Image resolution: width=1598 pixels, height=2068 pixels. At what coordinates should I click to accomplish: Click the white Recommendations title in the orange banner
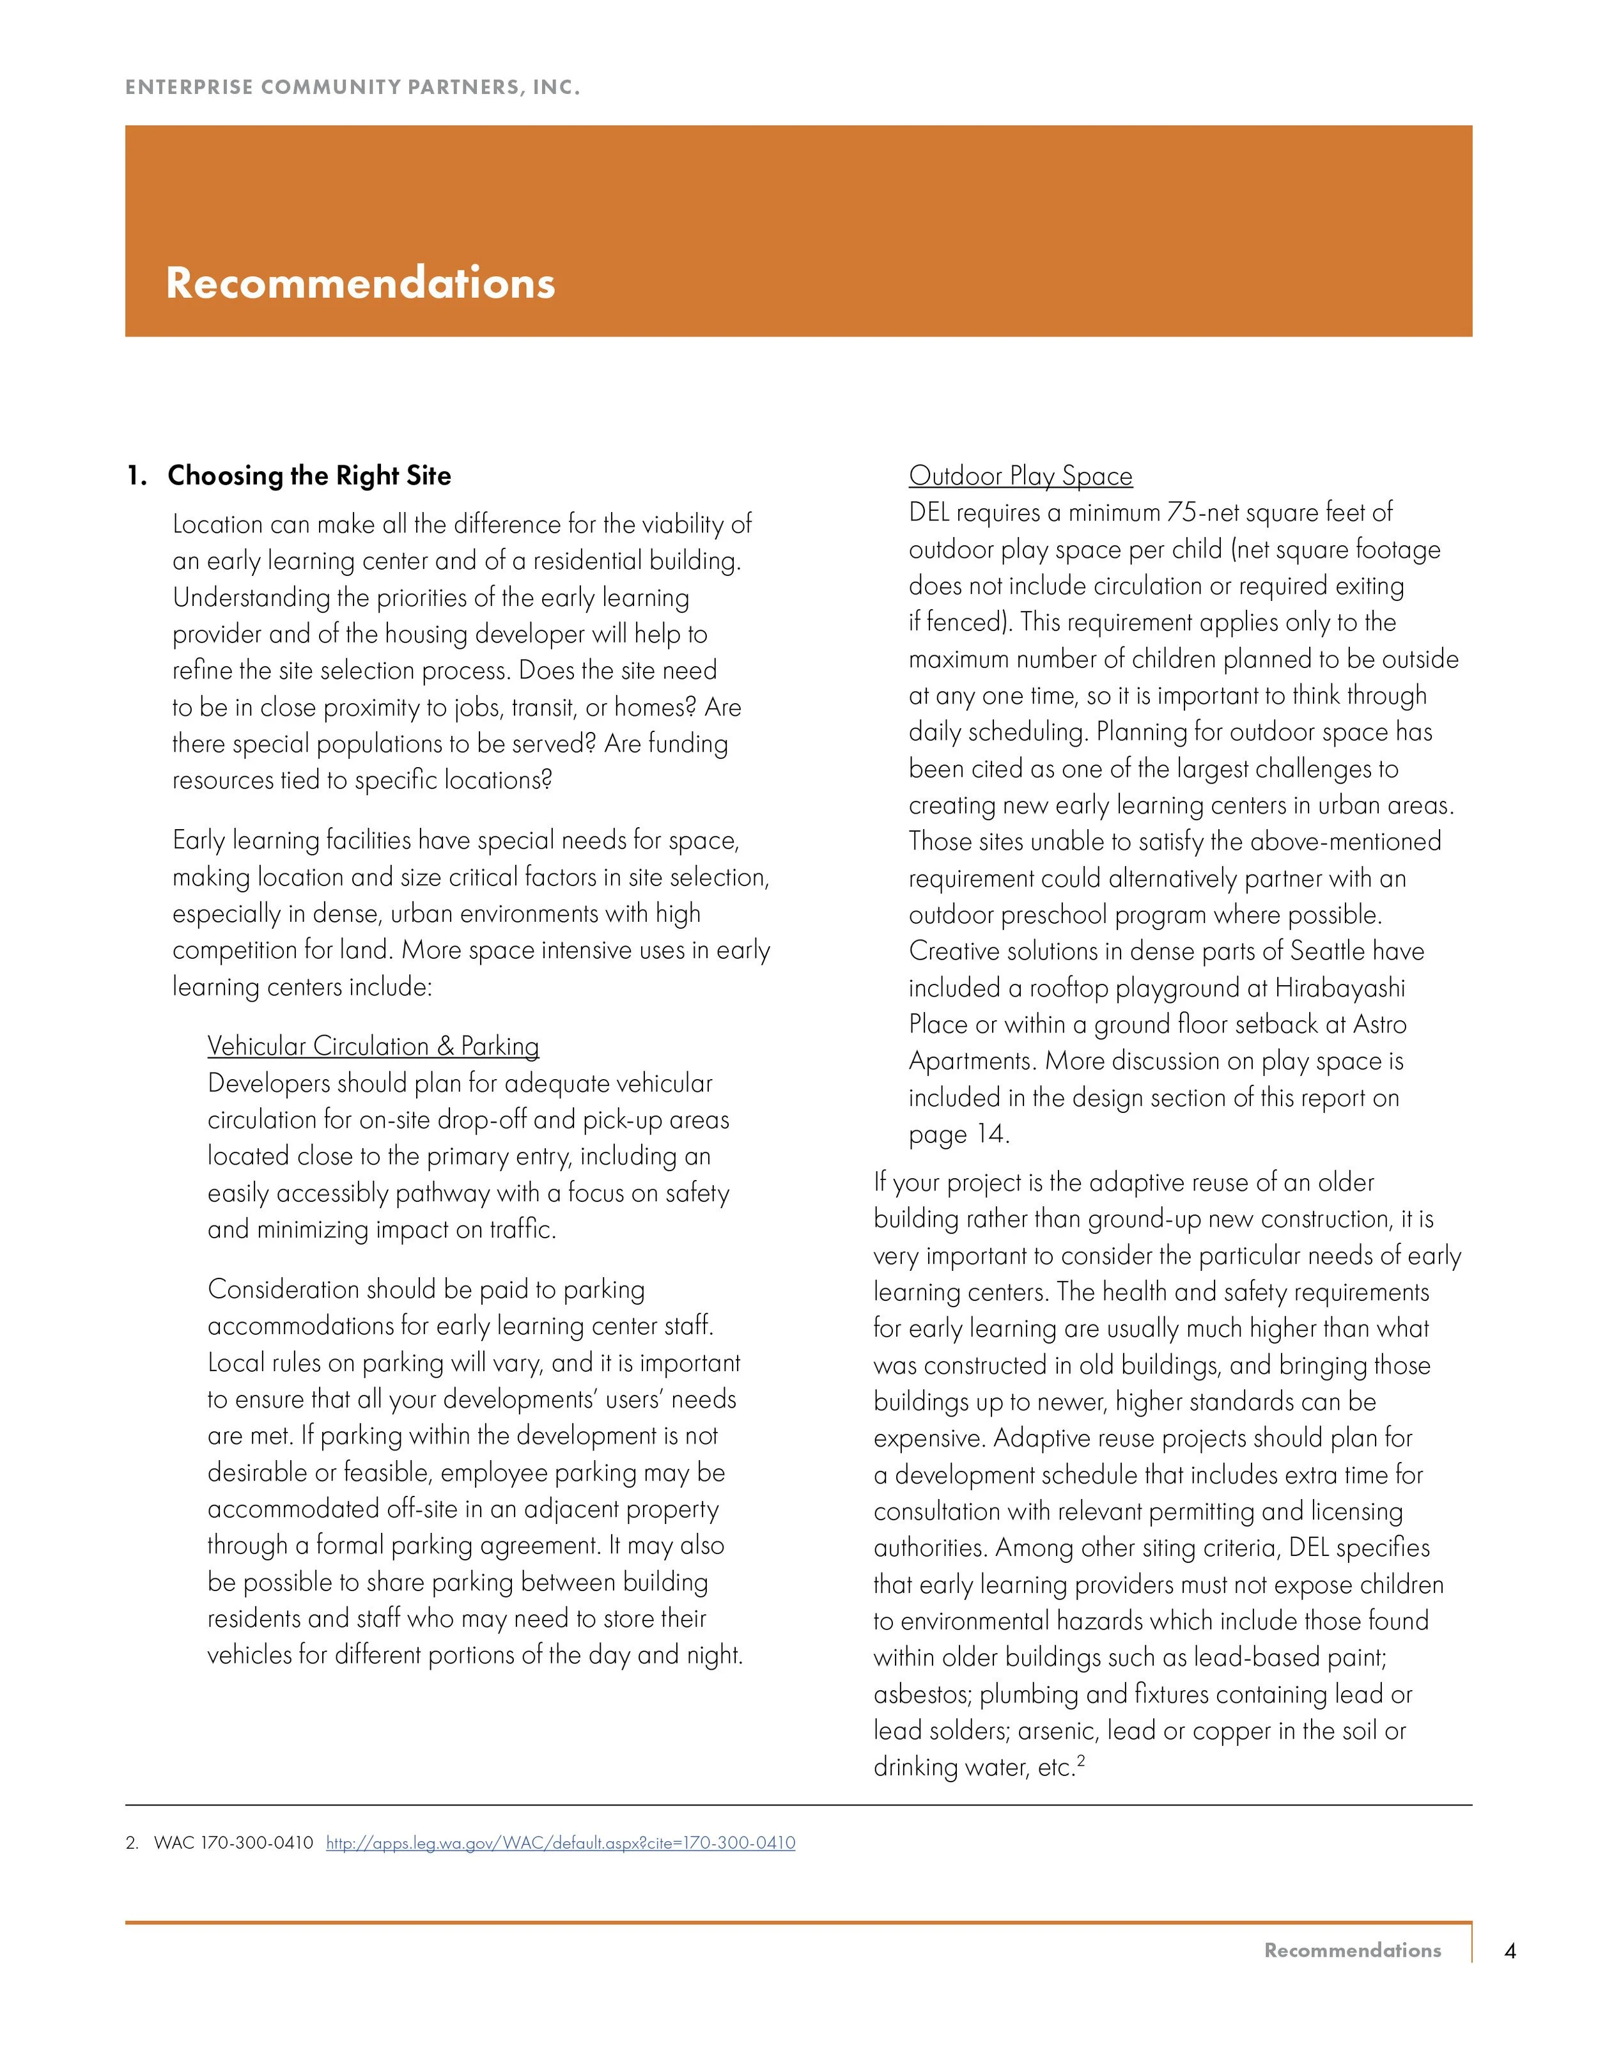360,283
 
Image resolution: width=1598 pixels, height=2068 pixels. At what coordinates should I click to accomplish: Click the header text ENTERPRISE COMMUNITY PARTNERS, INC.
352,88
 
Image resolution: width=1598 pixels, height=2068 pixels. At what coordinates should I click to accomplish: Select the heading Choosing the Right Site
309,476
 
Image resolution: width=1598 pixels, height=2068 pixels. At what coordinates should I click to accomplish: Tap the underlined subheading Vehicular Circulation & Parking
373,1046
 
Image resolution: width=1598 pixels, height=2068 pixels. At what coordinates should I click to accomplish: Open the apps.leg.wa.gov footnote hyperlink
561,1842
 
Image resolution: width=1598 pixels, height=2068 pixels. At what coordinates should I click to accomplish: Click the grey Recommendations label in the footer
1352,1950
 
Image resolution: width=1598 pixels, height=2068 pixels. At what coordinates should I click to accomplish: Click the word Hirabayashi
1340,988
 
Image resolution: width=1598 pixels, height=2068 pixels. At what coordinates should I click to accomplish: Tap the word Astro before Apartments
1380,1025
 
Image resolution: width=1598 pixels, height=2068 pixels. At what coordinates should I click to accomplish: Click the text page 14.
959,1135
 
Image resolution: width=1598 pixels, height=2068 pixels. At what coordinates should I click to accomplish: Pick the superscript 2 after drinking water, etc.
1080,1761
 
